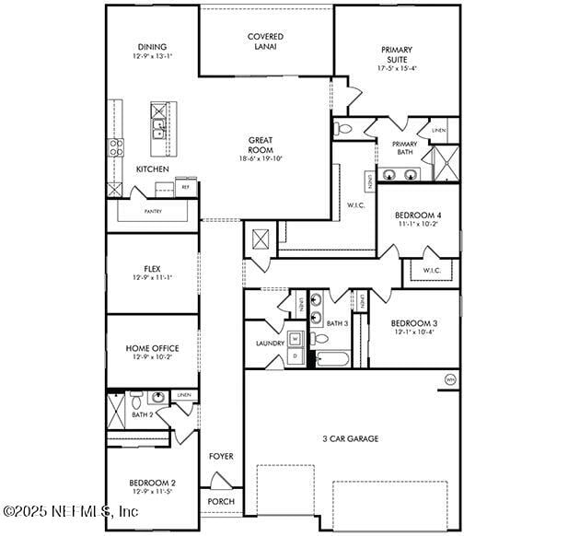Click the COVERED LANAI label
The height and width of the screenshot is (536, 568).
point(265,41)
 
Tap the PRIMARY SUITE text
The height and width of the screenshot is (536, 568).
point(397,58)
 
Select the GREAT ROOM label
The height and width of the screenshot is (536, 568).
point(261,148)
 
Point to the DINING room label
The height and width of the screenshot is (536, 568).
point(153,52)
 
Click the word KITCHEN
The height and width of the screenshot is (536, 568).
point(153,169)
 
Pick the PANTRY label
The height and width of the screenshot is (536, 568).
point(153,211)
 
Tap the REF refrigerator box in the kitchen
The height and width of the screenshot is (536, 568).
point(185,187)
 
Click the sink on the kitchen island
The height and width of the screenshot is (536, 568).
point(158,128)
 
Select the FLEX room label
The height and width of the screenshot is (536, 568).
point(152,273)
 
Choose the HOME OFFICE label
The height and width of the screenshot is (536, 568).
point(153,352)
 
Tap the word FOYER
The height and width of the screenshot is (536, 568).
point(221,456)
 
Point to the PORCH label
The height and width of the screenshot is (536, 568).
point(221,501)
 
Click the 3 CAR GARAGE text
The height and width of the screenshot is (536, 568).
point(350,438)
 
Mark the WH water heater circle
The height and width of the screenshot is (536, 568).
point(450,379)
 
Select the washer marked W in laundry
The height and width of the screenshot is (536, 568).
point(296,338)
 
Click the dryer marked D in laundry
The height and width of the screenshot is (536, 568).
point(296,355)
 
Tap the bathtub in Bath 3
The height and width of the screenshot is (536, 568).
point(330,359)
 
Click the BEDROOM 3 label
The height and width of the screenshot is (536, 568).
point(413,327)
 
